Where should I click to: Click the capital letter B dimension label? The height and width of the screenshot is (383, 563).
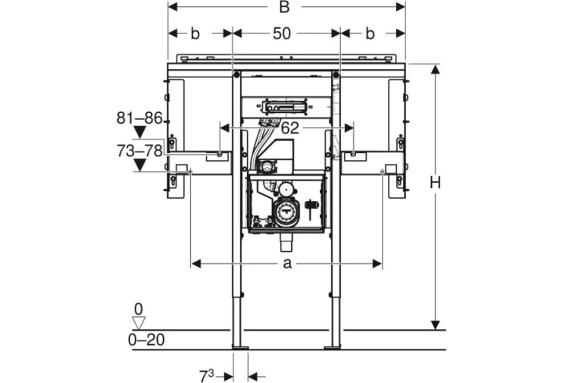(x=284, y=7)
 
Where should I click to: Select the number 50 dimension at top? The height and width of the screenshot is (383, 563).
(x=282, y=34)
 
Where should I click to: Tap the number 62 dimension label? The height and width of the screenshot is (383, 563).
(x=289, y=128)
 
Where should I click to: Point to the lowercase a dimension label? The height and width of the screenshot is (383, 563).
(x=287, y=264)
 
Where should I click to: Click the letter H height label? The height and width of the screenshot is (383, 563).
(x=435, y=184)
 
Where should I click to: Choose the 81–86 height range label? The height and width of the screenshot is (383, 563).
(x=139, y=118)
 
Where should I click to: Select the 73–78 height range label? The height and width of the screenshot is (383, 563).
(x=139, y=151)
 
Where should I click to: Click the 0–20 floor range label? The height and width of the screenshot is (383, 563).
(x=146, y=340)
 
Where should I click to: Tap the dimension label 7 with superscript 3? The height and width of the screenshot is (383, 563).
(x=206, y=376)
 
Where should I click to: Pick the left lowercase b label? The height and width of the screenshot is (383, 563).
(x=195, y=34)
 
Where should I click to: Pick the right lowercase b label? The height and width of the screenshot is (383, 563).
(x=370, y=34)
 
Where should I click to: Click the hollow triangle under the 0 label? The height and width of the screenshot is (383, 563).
(x=139, y=323)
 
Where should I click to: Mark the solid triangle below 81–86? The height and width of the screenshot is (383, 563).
(x=139, y=132)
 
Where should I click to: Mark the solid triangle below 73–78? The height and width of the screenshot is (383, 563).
(x=139, y=165)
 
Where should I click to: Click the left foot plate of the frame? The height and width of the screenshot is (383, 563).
(x=240, y=347)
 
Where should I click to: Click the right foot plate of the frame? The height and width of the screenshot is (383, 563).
(x=332, y=347)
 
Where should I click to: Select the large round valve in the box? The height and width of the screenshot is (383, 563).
(x=286, y=212)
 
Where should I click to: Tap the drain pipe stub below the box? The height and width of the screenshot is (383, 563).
(x=286, y=244)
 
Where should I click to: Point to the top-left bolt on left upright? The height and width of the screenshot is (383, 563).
(x=236, y=75)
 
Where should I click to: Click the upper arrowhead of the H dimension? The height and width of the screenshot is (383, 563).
(x=435, y=69)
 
